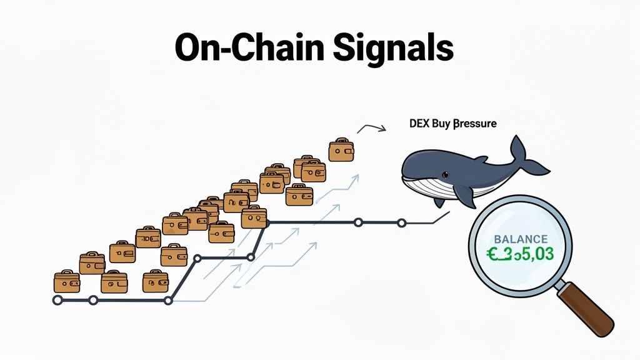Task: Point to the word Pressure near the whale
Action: pyautogui.click(x=474, y=124)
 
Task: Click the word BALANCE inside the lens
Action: pyautogui.click(x=521, y=239)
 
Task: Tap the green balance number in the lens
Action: pyautogui.click(x=521, y=254)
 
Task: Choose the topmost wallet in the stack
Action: pyautogui.click(x=341, y=150)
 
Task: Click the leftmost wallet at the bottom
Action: pyautogui.click(x=67, y=281)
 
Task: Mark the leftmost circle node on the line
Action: pyautogui.click(x=57, y=301)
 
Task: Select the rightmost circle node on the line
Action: pyautogui.click(x=402, y=222)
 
